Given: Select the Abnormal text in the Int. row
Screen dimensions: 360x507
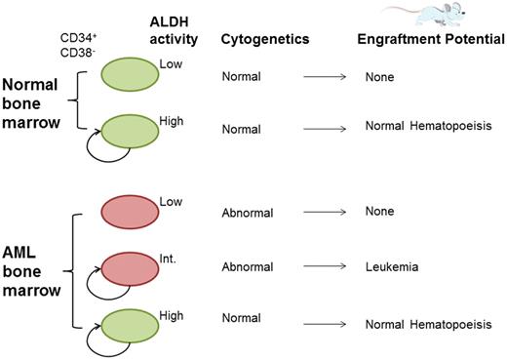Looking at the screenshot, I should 248,267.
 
